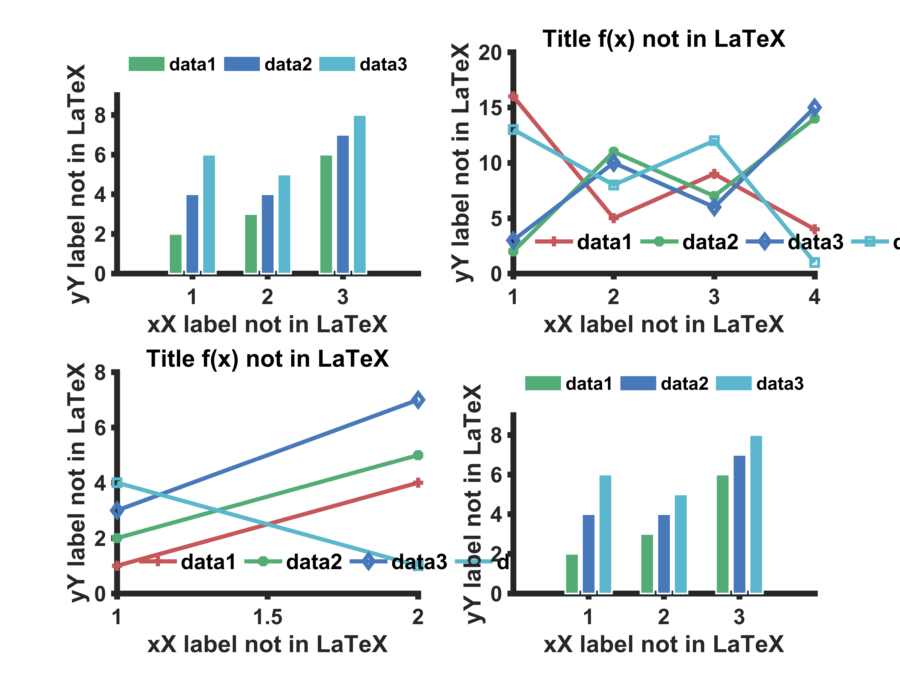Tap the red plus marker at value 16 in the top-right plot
point(513,97)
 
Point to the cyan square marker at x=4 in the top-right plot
point(814,262)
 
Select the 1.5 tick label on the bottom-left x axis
point(267,617)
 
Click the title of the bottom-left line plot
point(267,359)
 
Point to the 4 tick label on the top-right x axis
point(814,297)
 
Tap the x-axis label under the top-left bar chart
point(267,325)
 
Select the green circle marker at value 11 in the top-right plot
point(614,152)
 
